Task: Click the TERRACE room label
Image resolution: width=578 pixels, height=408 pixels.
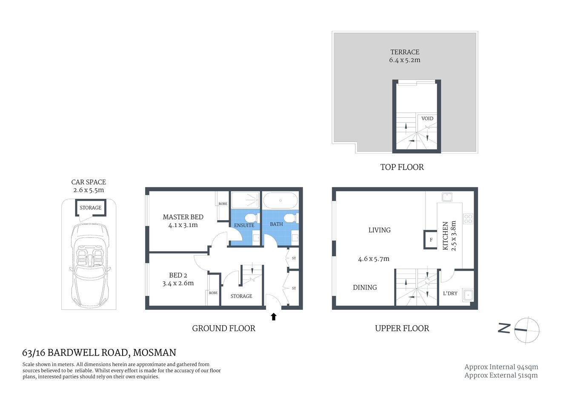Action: pyautogui.click(x=405, y=52)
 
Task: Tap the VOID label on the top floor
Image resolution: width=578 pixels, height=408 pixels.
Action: pyautogui.click(x=427, y=119)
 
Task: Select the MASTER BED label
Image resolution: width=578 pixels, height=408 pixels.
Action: pyautogui.click(x=183, y=217)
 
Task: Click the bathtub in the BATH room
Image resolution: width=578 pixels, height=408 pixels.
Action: pyautogui.click(x=280, y=200)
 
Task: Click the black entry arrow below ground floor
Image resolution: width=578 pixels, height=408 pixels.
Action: pyautogui.click(x=274, y=317)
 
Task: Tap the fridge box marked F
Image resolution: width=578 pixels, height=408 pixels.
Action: pyautogui.click(x=431, y=240)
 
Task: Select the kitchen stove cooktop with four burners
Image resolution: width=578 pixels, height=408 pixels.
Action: pyautogui.click(x=468, y=219)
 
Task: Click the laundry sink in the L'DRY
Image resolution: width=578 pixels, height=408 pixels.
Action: pyautogui.click(x=468, y=294)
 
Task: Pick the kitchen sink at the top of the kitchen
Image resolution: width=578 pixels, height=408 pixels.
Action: pyautogui.click(x=447, y=197)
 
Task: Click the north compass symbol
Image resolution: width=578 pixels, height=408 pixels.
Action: pyautogui.click(x=526, y=330)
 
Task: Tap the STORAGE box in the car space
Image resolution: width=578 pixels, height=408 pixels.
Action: pyautogui.click(x=91, y=208)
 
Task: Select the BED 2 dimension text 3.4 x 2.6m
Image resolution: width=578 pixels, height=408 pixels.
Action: pyautogui.click(x=178, y=283)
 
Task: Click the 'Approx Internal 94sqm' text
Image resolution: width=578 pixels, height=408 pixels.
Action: pyautogui.click(x=501, y=367)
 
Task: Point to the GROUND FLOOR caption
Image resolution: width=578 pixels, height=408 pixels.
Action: pyautogui.click(x=223, y=328)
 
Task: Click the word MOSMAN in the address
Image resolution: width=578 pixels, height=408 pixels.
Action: pyautogui.click(x=155, y=353)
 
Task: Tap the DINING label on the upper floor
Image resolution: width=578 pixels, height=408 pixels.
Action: pyautogui.click(x=365, y=287)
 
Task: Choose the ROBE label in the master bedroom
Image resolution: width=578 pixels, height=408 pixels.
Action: pyautogui.click(x=223, y=204)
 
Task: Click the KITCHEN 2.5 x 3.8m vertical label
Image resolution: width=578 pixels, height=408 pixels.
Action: pyautogui.click(x=449, y=235)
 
